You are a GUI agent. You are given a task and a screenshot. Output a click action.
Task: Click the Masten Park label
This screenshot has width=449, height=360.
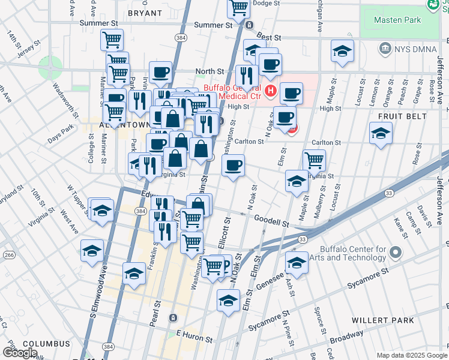397,20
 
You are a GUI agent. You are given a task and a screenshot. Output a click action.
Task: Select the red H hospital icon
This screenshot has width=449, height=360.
270,91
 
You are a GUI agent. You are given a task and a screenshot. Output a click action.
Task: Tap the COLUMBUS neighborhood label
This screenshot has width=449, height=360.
46,344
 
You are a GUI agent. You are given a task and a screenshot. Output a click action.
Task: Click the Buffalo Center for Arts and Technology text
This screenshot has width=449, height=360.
352,253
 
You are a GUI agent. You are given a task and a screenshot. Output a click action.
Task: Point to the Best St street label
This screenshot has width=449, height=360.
269,37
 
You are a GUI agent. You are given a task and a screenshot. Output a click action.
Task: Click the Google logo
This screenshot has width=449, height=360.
20,353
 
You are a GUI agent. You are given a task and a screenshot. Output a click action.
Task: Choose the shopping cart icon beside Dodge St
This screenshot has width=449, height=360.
239,7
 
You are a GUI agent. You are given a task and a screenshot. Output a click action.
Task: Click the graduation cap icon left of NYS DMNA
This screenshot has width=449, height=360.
342,52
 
